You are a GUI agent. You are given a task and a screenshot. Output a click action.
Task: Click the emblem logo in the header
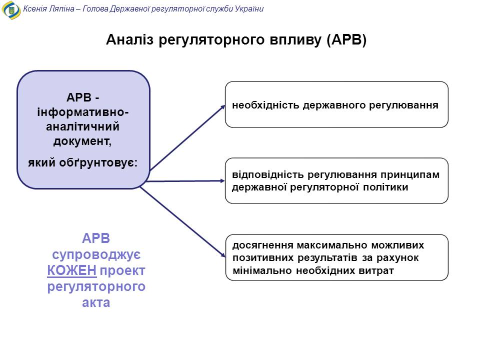point(11,10)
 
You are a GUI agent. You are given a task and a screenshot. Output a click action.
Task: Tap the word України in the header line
point(249,8)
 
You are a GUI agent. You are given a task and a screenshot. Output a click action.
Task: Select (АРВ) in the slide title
point(346,40)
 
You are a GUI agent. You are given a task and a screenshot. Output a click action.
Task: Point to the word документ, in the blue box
point(82,141)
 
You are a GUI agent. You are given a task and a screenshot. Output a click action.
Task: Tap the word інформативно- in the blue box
point(82,112)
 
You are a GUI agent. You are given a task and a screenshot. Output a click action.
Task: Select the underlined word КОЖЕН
point(71,270)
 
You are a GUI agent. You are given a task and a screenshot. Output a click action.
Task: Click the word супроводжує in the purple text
point(96,254)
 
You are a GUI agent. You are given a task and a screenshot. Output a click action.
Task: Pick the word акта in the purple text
point(96,302)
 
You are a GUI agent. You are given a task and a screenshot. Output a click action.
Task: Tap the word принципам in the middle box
point(410,175)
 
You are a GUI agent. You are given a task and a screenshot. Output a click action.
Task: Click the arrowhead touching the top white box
point(223,107)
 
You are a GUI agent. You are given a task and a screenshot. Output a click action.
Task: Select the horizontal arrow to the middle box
point(185,181)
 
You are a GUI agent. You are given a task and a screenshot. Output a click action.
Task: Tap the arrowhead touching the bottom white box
point(222,254)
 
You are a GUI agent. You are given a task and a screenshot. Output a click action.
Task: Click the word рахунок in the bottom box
point(397,258)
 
